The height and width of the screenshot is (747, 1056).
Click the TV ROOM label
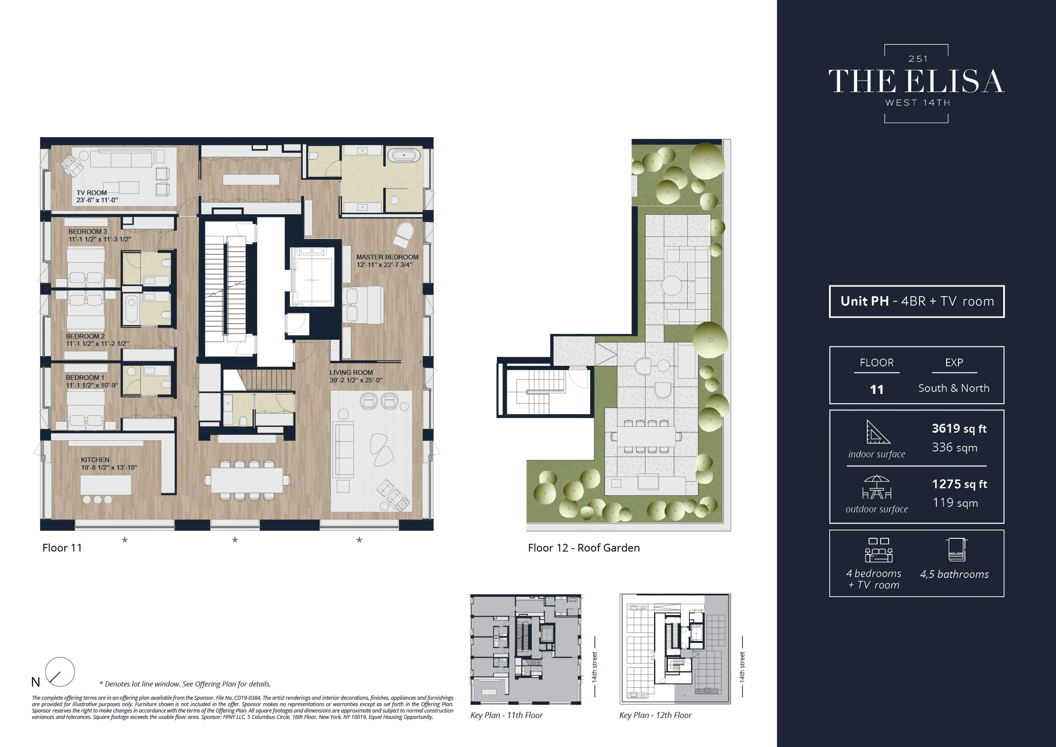92,193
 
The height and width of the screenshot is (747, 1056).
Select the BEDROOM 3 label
87,231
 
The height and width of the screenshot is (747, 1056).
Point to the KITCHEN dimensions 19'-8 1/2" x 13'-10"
109,467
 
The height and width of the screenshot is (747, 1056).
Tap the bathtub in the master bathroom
403,155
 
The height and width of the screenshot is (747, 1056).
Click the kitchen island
106,484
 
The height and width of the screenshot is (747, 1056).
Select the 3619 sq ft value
959,429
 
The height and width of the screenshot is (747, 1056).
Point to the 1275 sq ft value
959,484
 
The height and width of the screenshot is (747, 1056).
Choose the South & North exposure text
953,388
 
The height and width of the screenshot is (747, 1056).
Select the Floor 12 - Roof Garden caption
583,548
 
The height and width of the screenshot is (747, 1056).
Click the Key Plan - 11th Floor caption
506,715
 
